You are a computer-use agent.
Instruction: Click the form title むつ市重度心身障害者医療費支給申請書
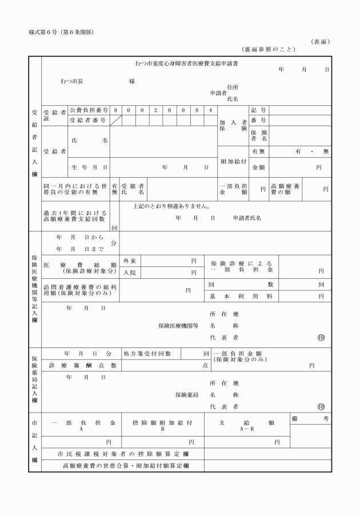pos(186,63)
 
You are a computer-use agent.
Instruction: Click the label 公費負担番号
pos(89,109)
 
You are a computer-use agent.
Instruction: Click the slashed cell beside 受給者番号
pos(116,121)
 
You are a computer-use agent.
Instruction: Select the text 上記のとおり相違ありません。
pos(171,206)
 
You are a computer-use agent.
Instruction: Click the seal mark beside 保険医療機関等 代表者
pos(321,337)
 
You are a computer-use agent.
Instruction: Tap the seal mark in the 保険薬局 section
pos(321,407)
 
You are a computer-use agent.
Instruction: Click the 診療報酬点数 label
pos(83,365)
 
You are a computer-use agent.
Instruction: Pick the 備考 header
pos(310,419)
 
